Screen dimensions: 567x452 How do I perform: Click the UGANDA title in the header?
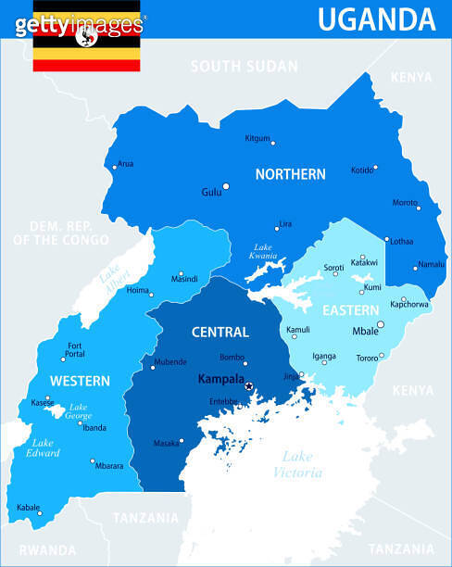click(376, 19)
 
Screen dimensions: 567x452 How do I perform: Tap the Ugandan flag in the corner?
click(87, 36)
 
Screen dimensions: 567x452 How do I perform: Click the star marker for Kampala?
click(248, 385)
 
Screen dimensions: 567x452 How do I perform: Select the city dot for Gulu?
click(225, 186)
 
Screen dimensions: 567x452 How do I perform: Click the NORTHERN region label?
click(290, 174)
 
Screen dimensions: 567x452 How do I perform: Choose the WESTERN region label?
click(80, 381)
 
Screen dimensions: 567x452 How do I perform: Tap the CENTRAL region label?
click(220, 332)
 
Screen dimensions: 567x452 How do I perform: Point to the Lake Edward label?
click(44, 447)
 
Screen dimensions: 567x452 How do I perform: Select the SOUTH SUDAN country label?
click(245, 67)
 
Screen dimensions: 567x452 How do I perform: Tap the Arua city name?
click(126, 164)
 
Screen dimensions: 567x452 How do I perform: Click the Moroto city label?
click(404, 203)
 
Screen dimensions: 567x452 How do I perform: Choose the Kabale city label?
click(29, 508)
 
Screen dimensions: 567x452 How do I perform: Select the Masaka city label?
click(166, 443)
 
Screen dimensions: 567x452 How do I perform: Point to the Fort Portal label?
click(75, 350)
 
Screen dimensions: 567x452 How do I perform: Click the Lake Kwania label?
click(264, 251)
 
